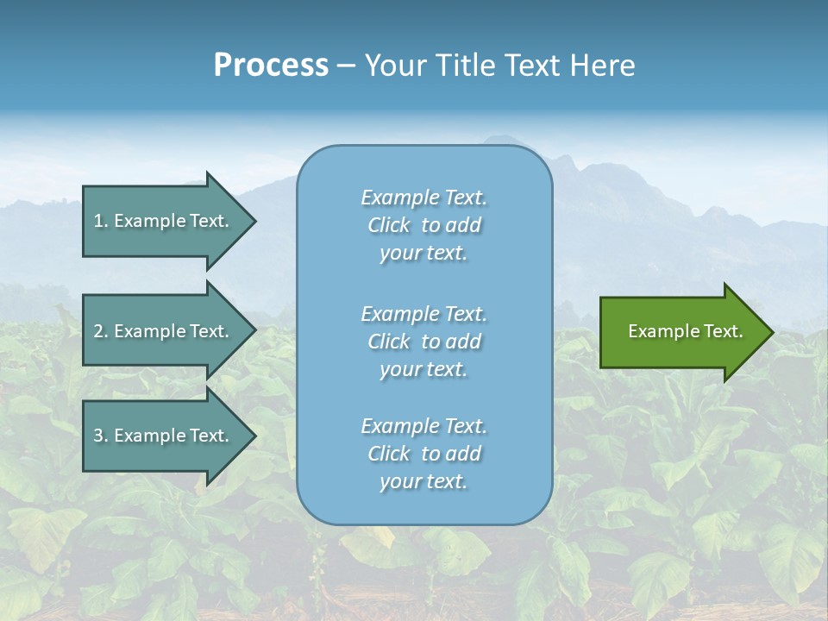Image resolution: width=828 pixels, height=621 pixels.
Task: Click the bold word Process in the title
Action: click(x=271, y=66)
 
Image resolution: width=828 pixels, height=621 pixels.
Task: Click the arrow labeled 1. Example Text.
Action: click(x=164, y=221)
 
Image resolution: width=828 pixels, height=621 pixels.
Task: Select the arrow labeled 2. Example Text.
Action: click(x=164, y=331)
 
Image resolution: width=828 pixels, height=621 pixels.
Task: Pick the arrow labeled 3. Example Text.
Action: click(x=164, y=436)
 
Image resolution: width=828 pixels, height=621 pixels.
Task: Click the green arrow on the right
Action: click(x=681, y=331)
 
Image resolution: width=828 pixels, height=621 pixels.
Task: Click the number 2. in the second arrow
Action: click(x=100, y=331)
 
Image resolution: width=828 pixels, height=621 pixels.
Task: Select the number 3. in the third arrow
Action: click(x=100, y=436)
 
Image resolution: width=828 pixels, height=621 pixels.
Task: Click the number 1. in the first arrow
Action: click(x=100, y=221)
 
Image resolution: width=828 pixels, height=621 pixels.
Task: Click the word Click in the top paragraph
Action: click(x=389, y=225)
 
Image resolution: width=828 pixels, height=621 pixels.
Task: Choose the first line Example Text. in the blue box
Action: click(x=424, y=198)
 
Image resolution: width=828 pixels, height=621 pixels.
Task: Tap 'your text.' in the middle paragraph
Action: click(x=423, y=369)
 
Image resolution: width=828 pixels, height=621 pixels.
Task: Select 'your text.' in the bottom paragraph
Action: click(x=423, y=481)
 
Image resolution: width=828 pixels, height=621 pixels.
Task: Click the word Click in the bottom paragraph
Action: click(x=389, y=454)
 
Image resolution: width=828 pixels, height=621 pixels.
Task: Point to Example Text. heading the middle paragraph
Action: click(x=424, y=313)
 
